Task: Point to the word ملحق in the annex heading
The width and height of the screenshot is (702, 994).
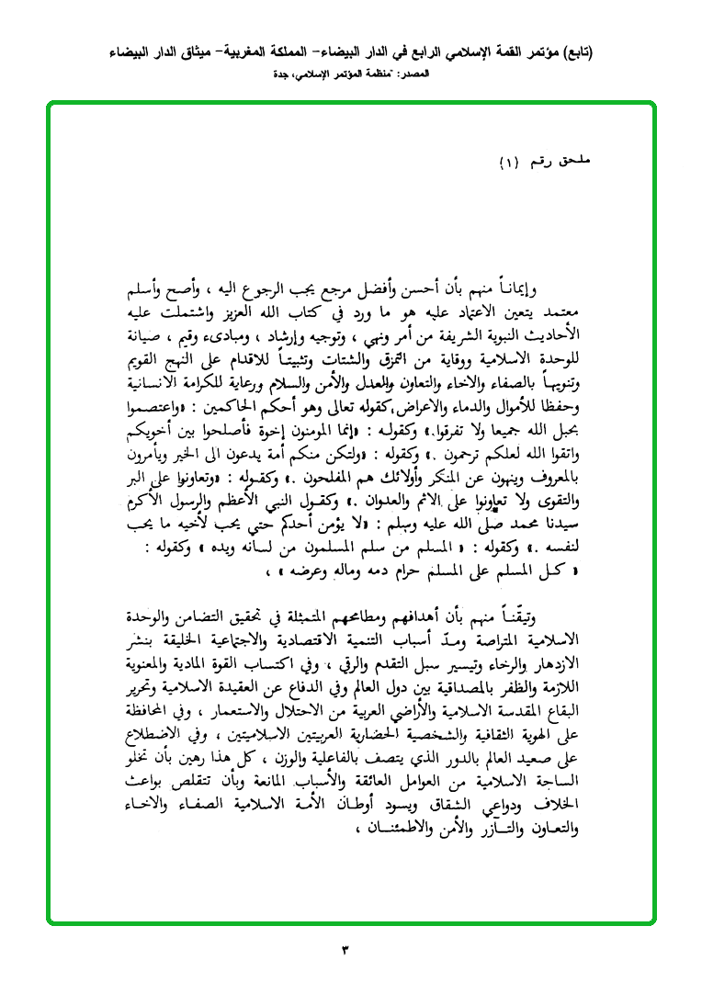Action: pyautogui.click(x=577, y=163)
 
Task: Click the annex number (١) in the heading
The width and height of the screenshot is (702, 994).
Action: pyautogui.click(x=508, y=163)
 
